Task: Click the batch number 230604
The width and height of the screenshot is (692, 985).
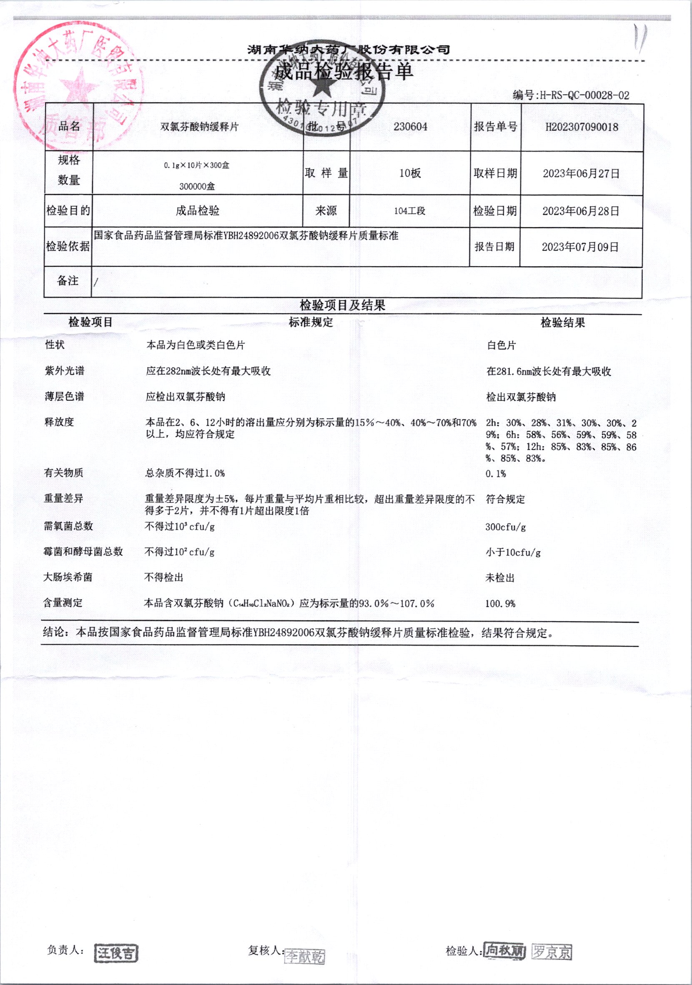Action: point(410,127)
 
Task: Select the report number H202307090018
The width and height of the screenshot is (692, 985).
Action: point(582,127)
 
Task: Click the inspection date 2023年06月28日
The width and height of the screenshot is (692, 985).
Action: point(581,211)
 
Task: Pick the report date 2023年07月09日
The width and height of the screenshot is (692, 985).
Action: point(580,247)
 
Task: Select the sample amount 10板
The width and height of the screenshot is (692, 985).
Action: point(410,173)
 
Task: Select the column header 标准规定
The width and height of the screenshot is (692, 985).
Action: point(311,323)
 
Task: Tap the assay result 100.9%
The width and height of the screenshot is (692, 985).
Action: point(500,604)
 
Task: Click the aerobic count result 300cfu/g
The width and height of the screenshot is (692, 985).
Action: point(506,527)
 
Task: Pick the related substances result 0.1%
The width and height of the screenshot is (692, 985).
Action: point(496,474)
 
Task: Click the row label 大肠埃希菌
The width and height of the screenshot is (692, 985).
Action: point(68,578)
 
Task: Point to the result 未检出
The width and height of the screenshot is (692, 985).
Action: point(499,578)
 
